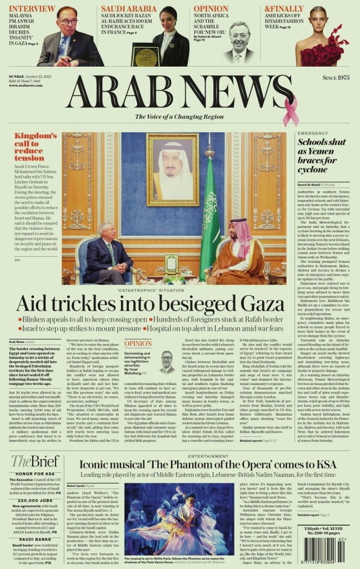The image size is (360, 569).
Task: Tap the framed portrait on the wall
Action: (x=173, y=169)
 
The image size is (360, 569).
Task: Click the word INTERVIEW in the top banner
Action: (x=32, y=8)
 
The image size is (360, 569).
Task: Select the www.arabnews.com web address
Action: (x=26, y=85)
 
